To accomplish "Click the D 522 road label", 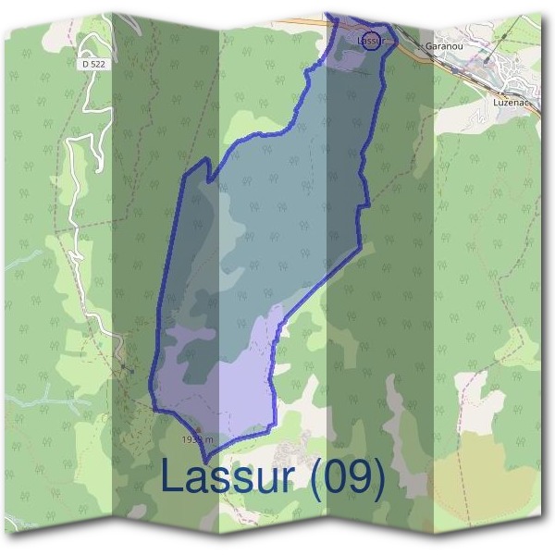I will tap(92, 65).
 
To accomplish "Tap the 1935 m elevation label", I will tap(198, 440).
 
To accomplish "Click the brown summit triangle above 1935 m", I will tap(196, 430).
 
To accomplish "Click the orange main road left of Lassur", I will tap(305, 20).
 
